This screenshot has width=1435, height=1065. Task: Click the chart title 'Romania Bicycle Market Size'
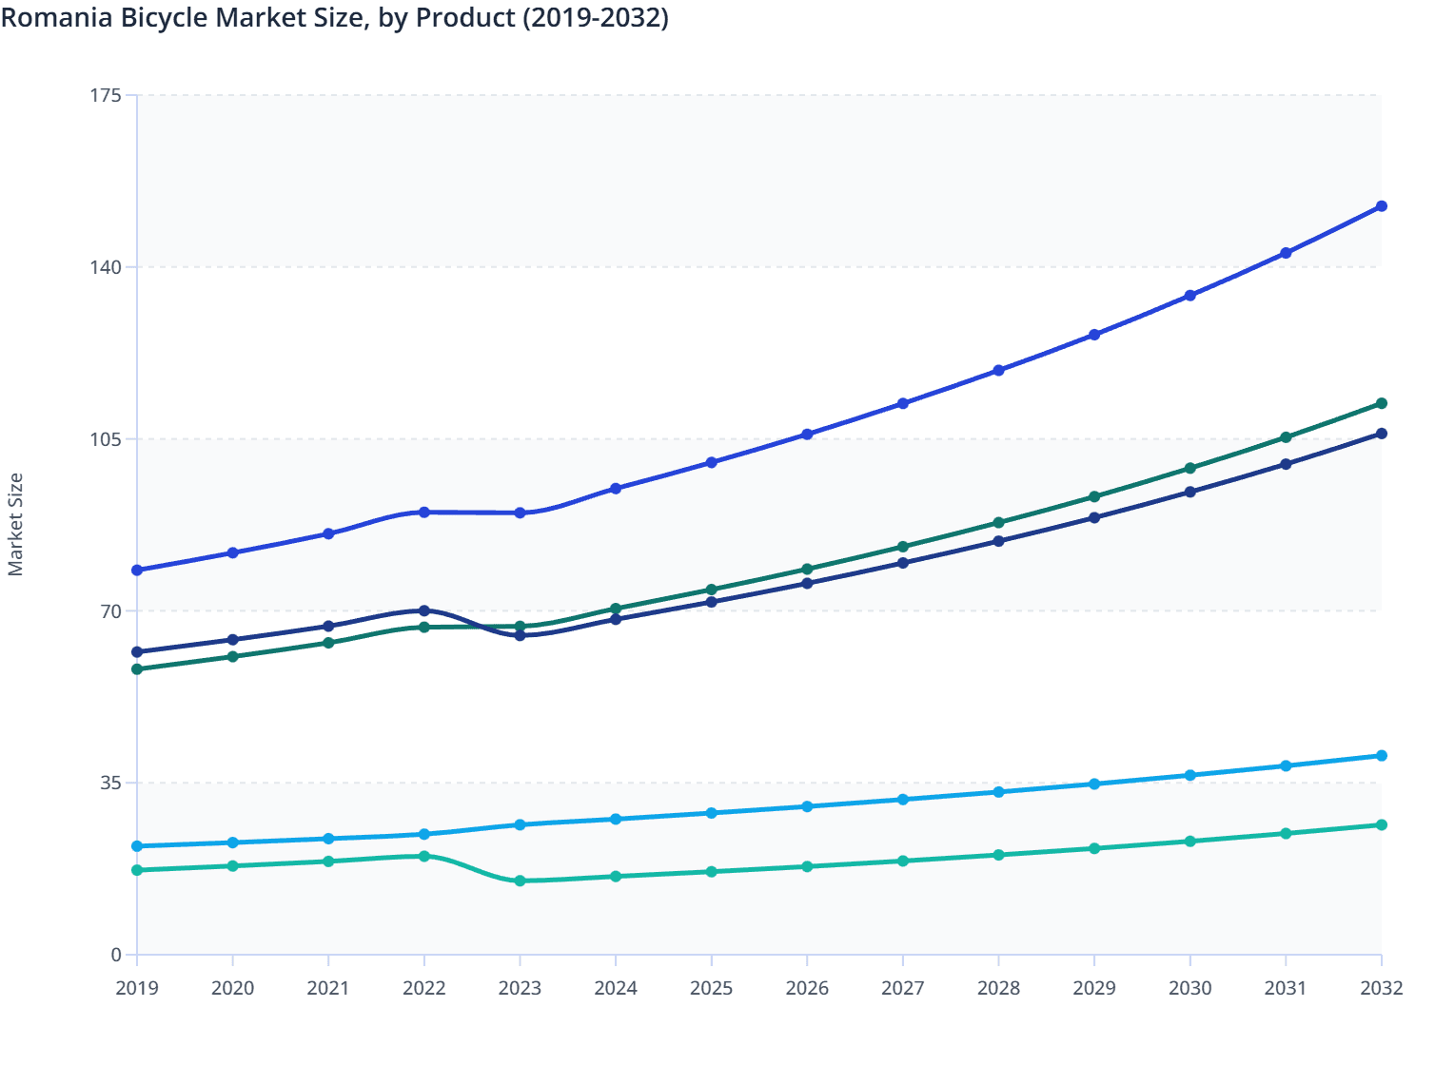tap(334, 18)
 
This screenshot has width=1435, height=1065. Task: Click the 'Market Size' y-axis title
tap(15, 525)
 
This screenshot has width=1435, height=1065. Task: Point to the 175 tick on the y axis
tap(106, 95)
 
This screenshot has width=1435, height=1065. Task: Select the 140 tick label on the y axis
tap(106, 267)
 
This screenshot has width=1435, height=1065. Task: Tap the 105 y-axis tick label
tap(106, 439)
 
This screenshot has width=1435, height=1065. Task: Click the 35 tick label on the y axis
tap(110, 783)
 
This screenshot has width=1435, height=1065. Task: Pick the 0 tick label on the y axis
tap(116, 955)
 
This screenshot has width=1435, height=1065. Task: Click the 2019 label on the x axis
tap(137, 988)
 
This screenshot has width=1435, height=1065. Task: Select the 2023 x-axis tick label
tap(520, 988)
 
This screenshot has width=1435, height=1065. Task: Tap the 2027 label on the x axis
tap(902, 988)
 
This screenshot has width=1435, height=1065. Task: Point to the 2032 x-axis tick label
tap(1381, 988)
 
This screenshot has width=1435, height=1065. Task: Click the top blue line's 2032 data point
tap(1382, 206)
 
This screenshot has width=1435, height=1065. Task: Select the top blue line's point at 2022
tap(424, 513)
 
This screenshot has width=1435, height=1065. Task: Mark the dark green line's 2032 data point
tap(1382, 403)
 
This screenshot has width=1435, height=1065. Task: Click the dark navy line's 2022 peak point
tap(424, 610)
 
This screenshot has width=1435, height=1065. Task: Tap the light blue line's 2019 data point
tap(137, 846)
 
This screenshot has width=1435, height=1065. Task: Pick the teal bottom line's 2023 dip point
tap(520, 881)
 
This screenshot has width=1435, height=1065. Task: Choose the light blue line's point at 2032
tap(1382, 756)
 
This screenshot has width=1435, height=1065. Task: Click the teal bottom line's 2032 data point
tap(1382, 824)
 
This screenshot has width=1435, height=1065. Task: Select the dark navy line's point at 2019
tap(137, 652)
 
